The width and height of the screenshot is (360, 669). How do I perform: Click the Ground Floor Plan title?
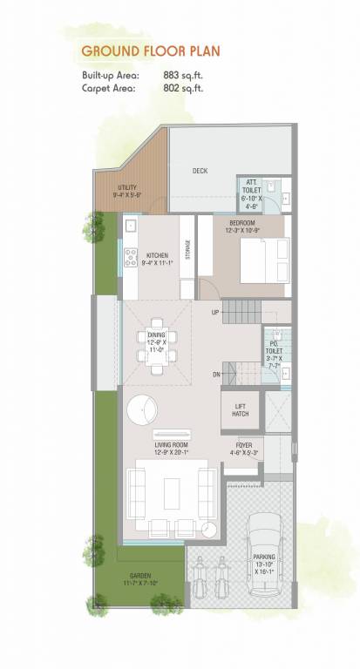click(x=150, y=52)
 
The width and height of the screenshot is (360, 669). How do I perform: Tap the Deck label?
click(x=200, y=171)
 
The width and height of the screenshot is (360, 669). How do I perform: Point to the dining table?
click(x=157, y=346)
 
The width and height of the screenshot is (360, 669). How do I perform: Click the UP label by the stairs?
click(x=214, y=311)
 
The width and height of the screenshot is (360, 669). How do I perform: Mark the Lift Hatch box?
click(x=241, y=409)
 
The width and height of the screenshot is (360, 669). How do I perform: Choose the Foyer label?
click(x=243, y=449)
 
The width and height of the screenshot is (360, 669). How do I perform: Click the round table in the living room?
click(x=141, y=408)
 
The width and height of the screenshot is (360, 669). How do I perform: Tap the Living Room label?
click(x=171, y=449)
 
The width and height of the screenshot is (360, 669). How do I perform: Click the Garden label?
click(x=140, y=580)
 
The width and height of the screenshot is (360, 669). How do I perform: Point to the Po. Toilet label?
click(x=273, y=349)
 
